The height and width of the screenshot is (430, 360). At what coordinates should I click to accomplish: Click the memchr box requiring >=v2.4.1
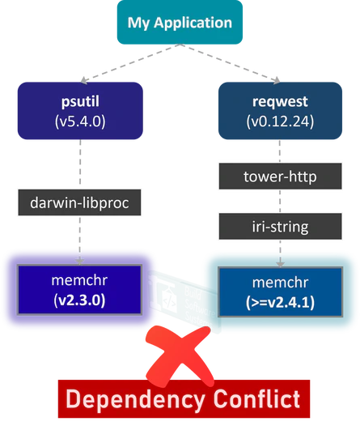tap(280, 288)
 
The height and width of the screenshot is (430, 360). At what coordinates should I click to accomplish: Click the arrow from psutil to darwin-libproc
tap(81, 166)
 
